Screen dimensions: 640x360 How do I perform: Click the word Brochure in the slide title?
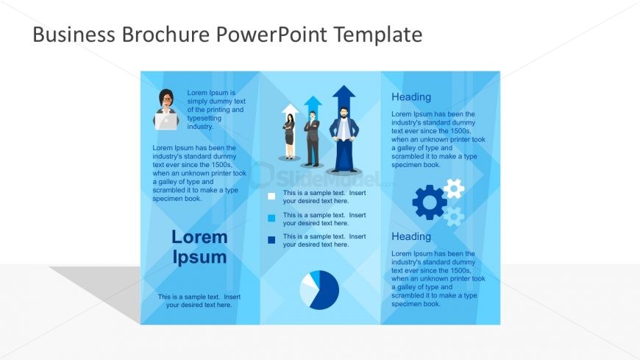(x=166, y=34)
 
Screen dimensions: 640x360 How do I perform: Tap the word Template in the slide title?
(x=378, y=35)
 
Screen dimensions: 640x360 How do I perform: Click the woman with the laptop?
(x=166, y=110)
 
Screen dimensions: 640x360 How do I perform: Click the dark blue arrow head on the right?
(x=344, y=92)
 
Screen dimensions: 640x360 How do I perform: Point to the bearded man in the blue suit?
(x=344, y=139)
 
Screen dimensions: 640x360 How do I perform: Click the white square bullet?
(x=271, y=196)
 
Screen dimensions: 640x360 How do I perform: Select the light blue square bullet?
(x=271, y=218)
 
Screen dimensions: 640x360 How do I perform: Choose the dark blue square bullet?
(x=271, y=240)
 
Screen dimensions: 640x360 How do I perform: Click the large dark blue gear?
(x=429, y=202)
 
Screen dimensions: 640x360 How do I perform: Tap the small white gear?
(x=454, y=188)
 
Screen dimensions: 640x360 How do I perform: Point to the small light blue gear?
(x=454, y=216)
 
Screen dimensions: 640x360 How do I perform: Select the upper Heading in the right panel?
(x=411, y=97)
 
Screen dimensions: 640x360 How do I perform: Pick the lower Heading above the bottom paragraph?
(x=411, y=236)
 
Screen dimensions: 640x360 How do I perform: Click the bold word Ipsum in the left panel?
(x=199, y=258)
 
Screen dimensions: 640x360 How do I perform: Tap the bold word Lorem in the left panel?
(x=199, y=237)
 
